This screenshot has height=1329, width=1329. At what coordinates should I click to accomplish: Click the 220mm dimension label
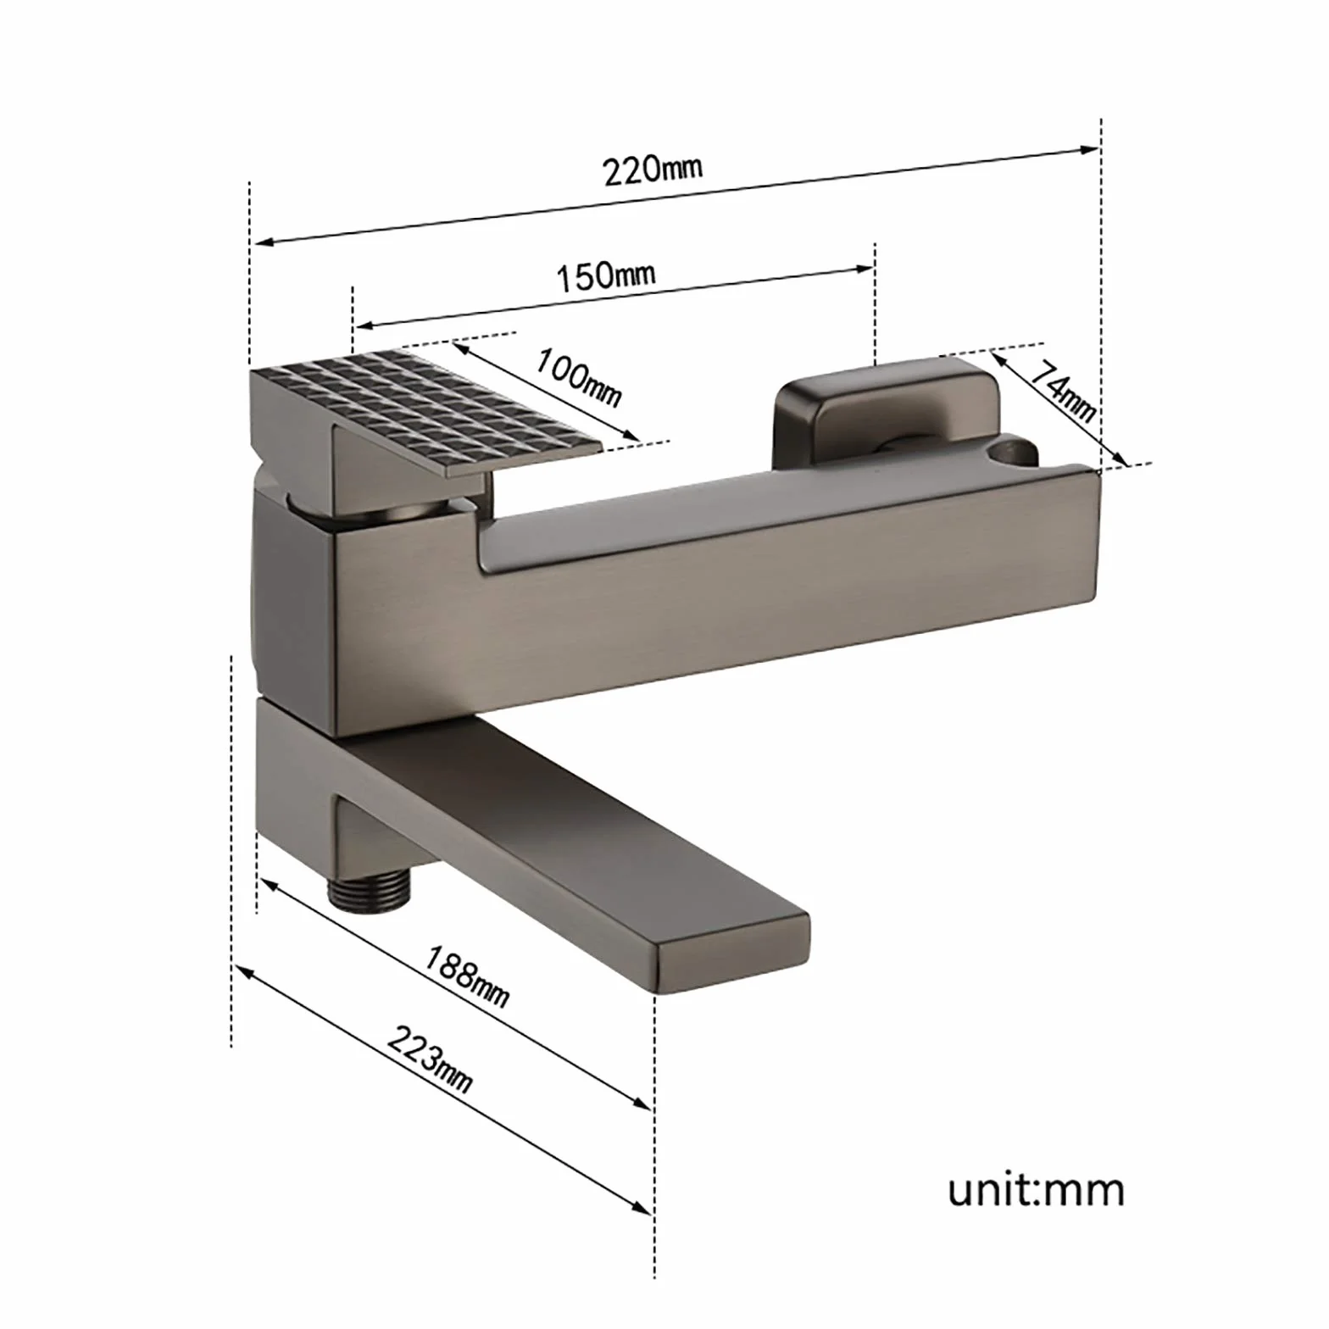point(653,169)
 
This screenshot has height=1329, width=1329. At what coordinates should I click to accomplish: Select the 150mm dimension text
point(605,275)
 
